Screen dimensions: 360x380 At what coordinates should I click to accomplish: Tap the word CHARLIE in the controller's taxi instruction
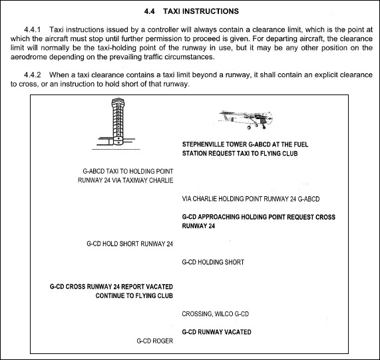(x=160, y=180)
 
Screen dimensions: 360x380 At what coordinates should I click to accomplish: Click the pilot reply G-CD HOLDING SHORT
(x=213, y=262)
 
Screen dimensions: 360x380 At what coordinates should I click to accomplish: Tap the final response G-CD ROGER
(x=154, y=341)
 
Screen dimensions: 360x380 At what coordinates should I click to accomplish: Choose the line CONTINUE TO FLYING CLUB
(x=134, y=295)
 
